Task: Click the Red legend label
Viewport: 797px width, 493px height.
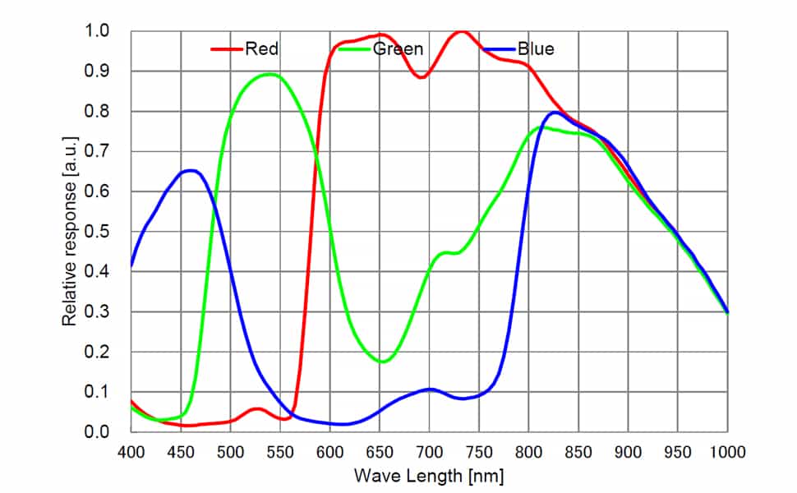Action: point(262,49)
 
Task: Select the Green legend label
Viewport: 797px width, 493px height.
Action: point(398,49)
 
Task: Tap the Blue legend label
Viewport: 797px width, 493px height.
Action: point(536,49)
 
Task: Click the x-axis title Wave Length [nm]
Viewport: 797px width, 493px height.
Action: point(428,476)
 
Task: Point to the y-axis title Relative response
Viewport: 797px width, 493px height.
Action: point(71,232)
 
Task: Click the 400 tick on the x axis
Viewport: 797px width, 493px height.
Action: point(131,451)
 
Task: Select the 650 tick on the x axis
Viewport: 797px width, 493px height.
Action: point(380,451)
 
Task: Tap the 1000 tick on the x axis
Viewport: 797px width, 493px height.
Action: point(727,451)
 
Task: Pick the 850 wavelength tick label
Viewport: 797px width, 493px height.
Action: point(578,451)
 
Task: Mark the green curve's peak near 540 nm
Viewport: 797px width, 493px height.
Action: point(270,75)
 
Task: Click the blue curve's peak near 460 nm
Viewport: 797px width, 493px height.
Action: point(191,171)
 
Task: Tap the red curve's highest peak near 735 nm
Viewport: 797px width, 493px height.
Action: point(462,31)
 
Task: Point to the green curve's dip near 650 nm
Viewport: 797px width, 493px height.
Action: point(382,362)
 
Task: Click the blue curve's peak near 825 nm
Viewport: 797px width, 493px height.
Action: point(555,112)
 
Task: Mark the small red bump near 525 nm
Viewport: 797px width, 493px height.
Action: point(257,408)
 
